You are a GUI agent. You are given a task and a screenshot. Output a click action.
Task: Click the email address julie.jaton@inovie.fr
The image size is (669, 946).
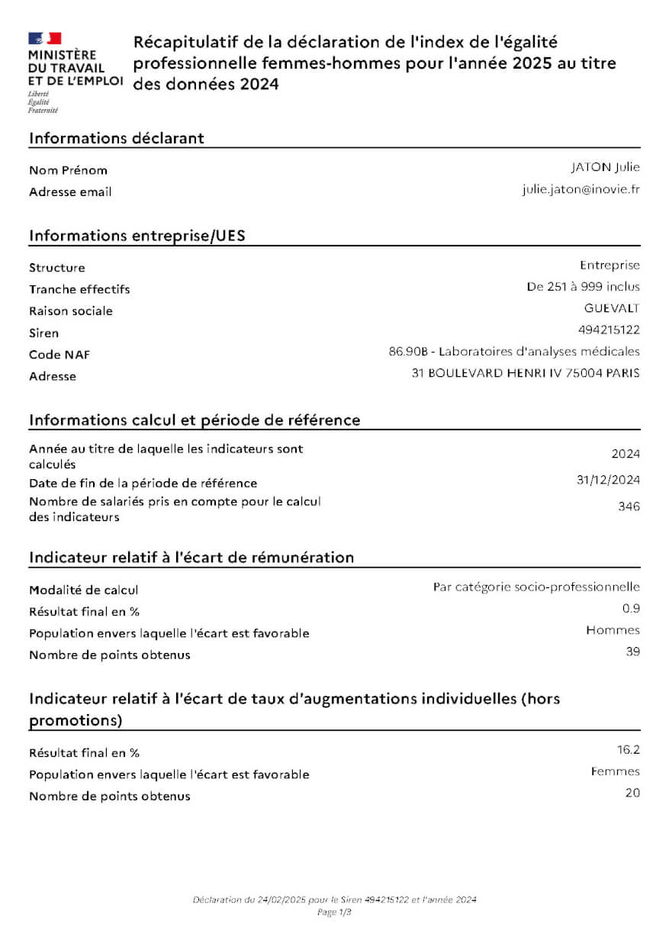[581, 189]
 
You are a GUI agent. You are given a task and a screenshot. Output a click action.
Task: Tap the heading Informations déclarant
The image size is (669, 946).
[116, 138]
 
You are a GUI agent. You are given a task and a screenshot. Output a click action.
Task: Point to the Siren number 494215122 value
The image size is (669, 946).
[609, 330]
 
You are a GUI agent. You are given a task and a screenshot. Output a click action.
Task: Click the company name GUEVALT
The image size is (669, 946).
[612, 309]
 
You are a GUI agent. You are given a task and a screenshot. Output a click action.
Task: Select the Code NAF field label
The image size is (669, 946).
[59, 355]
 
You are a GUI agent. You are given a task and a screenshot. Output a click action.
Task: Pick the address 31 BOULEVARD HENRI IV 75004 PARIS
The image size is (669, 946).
[526, 373]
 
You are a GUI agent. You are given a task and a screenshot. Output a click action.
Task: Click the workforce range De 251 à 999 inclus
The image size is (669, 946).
[584, 288]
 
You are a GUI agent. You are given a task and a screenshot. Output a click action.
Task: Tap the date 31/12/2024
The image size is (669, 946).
[608, 480]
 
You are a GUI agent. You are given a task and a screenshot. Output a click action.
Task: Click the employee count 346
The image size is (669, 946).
[629, 507]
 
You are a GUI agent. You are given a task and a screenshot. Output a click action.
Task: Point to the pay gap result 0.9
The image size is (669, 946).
[631, 608]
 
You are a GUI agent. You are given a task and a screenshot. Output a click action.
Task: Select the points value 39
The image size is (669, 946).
[632, 652]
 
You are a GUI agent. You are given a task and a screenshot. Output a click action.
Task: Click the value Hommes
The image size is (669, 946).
[613, 630]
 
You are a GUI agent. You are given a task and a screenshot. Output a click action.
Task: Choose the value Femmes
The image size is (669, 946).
[615, 771]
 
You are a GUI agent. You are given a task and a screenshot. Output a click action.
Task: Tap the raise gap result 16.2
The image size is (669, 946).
[629, 750]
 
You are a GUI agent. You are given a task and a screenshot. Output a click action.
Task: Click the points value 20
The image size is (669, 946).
[632, 793]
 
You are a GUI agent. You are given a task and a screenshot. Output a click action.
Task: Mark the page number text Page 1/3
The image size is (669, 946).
[334, 912]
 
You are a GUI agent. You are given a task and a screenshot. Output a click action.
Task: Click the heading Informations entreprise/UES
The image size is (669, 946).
[137, 235]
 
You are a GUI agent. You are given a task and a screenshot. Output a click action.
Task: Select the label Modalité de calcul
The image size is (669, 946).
[84, 590]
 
